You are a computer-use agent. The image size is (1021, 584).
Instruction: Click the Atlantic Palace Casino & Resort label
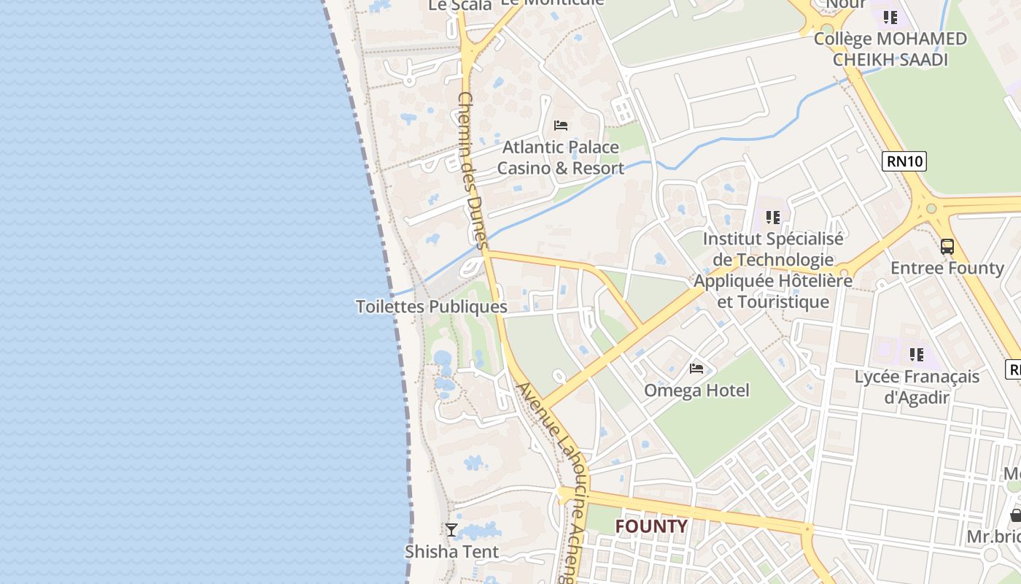click(560, 158)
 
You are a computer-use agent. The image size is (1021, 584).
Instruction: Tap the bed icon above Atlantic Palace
click(561, 126)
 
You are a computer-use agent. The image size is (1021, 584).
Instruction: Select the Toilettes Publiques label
click(431, 307)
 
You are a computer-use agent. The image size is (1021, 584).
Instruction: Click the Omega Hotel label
click(696, 391)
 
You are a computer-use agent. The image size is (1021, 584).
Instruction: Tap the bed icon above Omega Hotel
click(696, 369)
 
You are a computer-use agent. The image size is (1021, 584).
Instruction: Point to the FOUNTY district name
click(651, 526)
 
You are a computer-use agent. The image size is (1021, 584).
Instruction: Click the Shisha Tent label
click(452, 552)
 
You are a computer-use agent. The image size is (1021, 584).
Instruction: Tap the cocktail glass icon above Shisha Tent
click(451, 530)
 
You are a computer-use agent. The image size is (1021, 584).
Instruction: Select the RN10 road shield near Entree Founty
click(904, 161)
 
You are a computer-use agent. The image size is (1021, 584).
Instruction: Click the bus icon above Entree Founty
click(947, 247)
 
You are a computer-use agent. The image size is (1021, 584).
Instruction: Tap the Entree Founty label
click(947, 268)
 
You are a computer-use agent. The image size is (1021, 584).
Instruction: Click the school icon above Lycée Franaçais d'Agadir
click(917, 355)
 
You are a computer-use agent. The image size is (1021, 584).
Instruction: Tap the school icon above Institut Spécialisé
click(773, 217)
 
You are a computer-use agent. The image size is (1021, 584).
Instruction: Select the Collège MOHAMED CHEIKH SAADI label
click(890, 49)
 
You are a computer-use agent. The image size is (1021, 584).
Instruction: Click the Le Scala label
click(459, 6)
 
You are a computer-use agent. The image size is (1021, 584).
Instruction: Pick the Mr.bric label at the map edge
click(993, 537)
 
